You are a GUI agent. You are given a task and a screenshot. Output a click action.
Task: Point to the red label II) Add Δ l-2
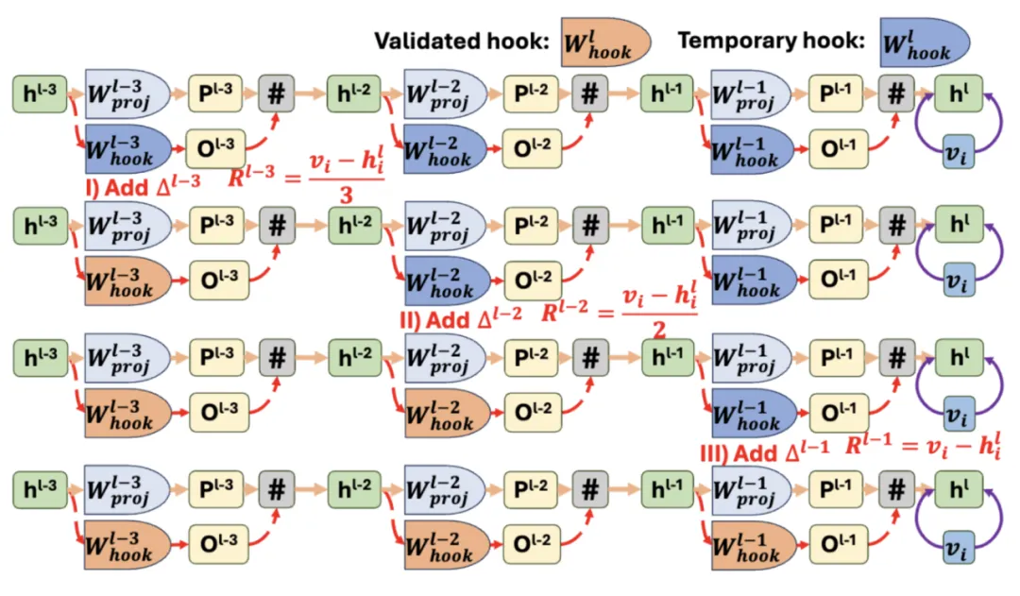[x=461, y=319]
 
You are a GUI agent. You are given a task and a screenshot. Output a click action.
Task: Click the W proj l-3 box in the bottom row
[x=127, y=490]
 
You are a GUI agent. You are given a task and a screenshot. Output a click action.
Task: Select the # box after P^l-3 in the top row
[x=276, y=94]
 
